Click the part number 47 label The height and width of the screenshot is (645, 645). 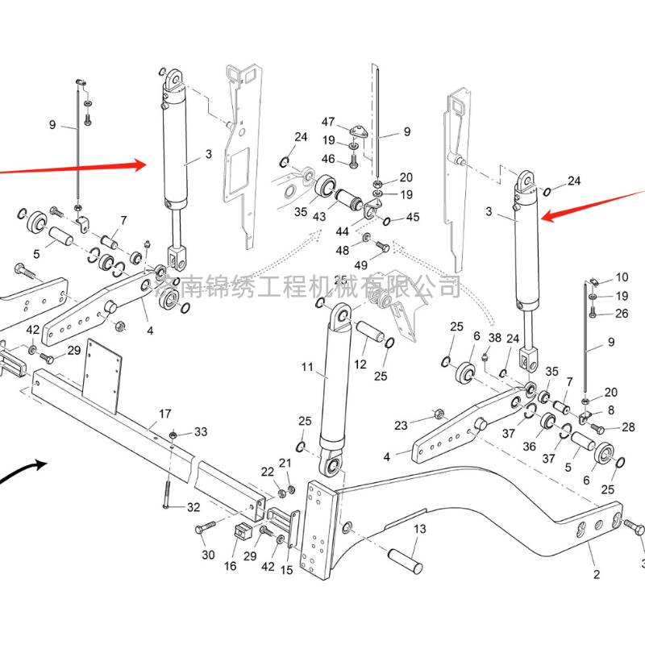point(328,122)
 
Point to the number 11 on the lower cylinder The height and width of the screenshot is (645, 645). point(307,368)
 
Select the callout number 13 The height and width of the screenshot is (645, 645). point(419,529)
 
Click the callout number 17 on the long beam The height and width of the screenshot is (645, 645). point(165,414)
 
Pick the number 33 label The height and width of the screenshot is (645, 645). point(200,432)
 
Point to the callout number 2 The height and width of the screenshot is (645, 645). point(597,574)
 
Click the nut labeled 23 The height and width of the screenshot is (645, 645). point(439,415)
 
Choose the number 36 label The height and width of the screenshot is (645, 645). point(530,446)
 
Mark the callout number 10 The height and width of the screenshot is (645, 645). point(622,277)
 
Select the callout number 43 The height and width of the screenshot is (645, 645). point(320,217)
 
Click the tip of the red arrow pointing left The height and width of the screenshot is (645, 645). point(541,218)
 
